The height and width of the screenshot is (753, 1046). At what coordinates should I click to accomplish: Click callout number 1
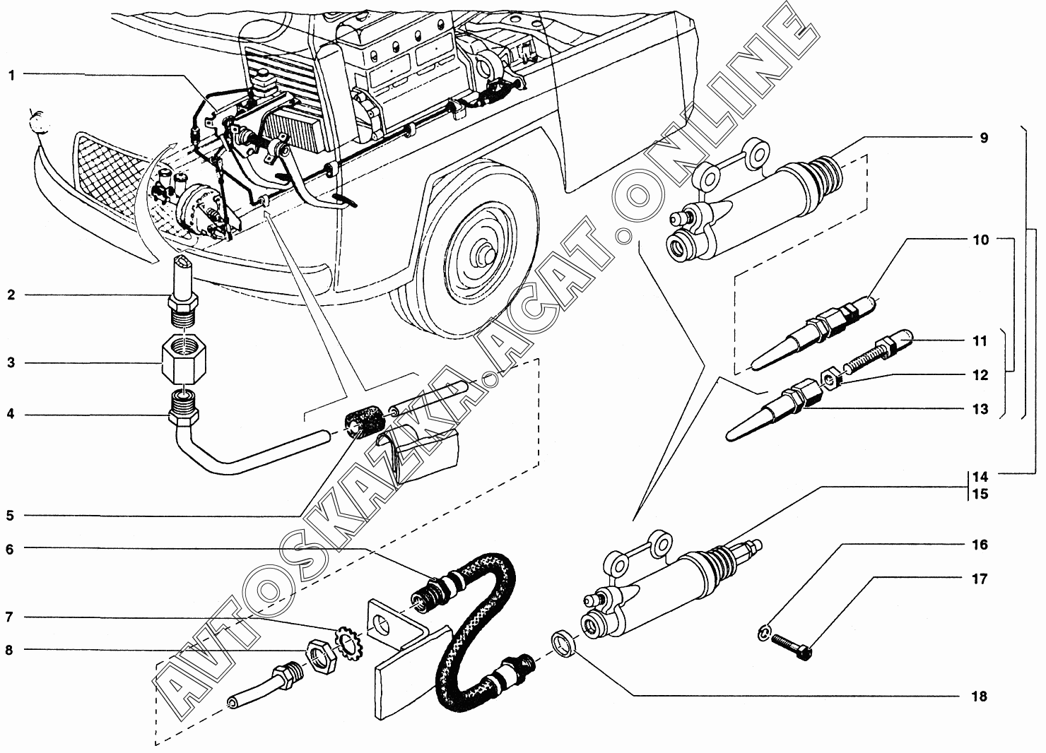click(x=11, y=76)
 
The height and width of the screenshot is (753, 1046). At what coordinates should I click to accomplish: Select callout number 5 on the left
click(x=10, y=516)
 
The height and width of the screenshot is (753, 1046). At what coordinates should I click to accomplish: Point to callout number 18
click(x=979, y=696)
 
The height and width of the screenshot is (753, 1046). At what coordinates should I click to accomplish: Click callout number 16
click(x=980, y=545)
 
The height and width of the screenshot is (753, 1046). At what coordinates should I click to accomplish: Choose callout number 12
click(x=980, y=375)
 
